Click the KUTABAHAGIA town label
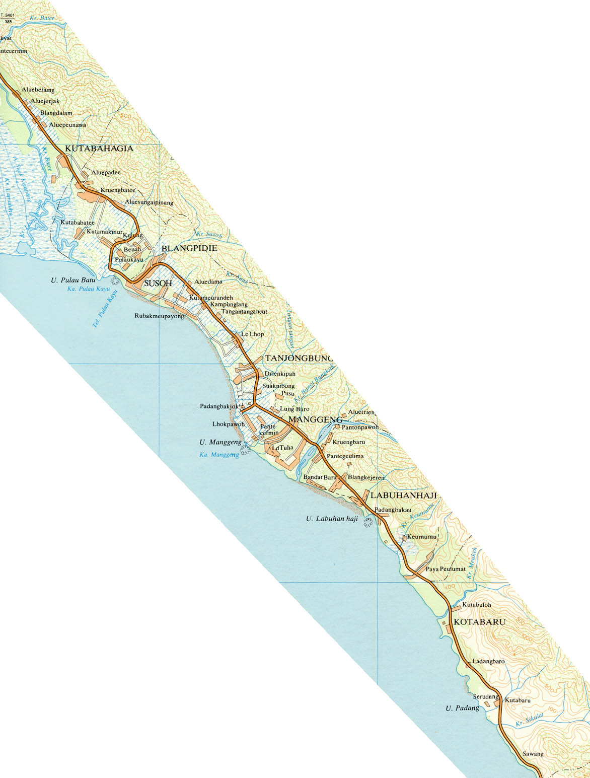click(x=99, y=149)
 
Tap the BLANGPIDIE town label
click(x=189, y=249)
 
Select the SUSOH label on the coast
click(x=158, y=284)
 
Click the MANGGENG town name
click(x=315, y=419)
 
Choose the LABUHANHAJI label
click(x=403, y=496)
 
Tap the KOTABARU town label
click(x=479, y=622)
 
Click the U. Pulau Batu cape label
click(x=73, y=280)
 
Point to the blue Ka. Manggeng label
click(x=219, y=455)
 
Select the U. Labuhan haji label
click(x=332, y=518)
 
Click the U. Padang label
click(x=462, y=708)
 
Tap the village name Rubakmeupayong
click(x=159, y=316)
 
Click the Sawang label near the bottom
click(x=533, y=754)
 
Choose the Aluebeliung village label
click(x=38, y=90)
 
